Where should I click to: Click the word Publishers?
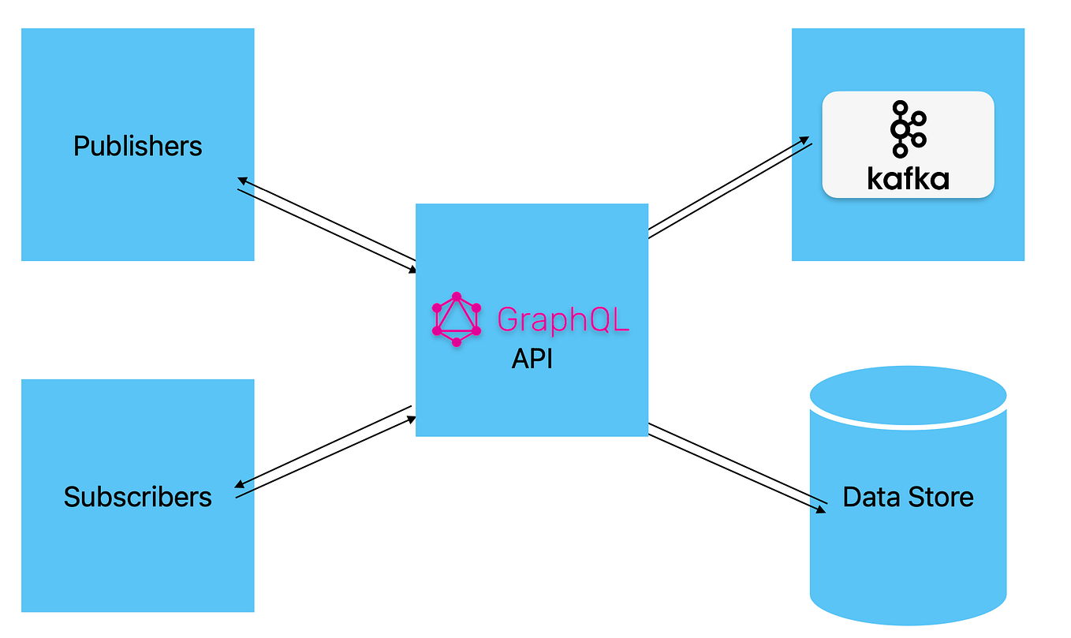(x=138, y=146)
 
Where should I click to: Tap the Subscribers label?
(x=138, y=497)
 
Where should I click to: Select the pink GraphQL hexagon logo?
(x=457, y=319)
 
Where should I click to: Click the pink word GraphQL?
(x=563, y=319)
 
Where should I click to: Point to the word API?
(x=532, y=359)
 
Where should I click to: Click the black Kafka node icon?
(x=908, y=129)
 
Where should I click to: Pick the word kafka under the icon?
(x=908, y=179)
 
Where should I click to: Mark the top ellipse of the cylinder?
(x=908, y=393)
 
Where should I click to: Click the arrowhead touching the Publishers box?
(x=241, y=181)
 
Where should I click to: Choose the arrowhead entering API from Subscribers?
(x=412, y=419)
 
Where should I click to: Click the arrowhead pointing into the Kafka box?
(x=807, y=140)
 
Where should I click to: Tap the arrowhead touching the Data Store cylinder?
(x=823, y=510)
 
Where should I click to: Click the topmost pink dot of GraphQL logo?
(x=457, y=297)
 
